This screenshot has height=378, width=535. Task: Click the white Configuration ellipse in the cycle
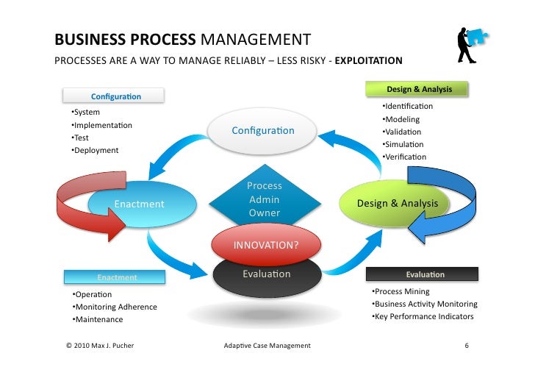(262, 131)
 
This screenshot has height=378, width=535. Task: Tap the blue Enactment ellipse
(139, 204)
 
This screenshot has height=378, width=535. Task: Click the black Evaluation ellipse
(266, 275)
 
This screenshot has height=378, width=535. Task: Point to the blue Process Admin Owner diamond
(265, 199)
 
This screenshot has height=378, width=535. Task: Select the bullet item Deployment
(96, 151)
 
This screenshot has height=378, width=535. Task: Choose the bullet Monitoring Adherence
(115, 307)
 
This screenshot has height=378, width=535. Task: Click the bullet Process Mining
(401, 292)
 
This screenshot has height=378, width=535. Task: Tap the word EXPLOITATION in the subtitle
(368, 61)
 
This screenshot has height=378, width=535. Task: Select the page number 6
(466, 345)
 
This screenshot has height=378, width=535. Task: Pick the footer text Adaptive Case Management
(266, 345)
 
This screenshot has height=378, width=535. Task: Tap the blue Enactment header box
(117, 277)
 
